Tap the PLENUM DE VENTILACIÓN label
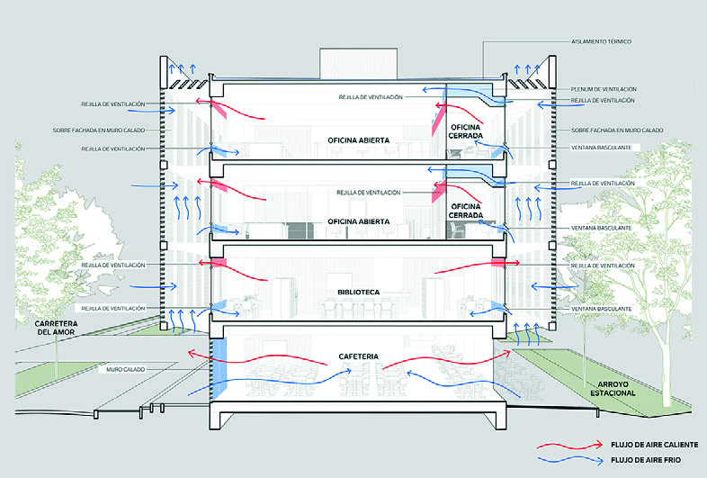point(604,89)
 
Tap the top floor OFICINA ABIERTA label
point(358,140)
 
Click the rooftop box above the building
point(356,61)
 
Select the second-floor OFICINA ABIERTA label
point(358,221)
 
